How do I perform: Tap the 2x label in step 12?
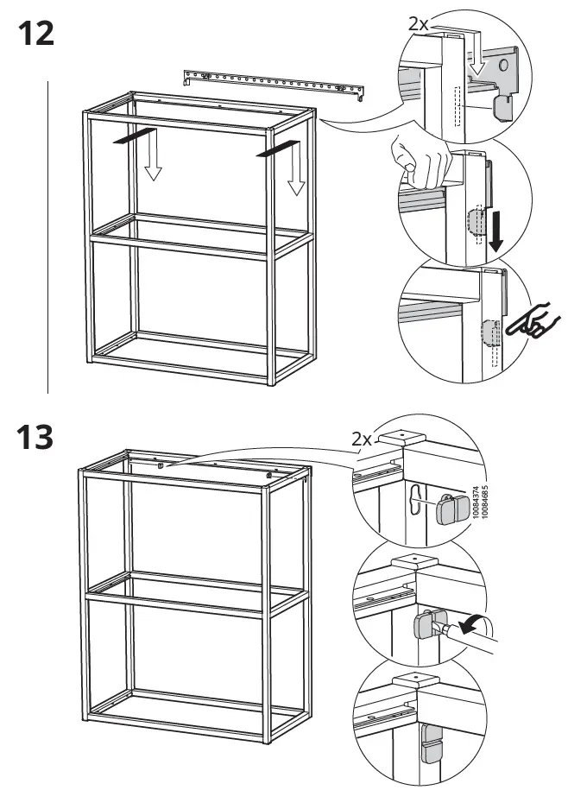point(419,23)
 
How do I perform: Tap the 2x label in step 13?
point(363,440)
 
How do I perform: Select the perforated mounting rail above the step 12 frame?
point(275,83)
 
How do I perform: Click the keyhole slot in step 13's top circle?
point(417,502)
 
